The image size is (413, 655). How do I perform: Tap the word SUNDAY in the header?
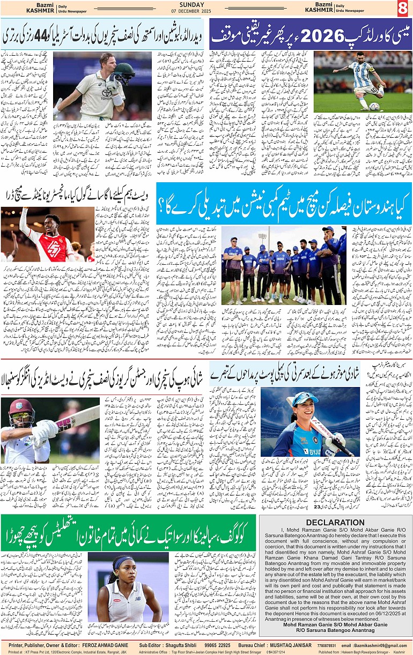[x=191, y=4]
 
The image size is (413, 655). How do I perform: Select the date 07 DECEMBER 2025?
[x=192, y=12]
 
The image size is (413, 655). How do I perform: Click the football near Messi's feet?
[x=374, y=107]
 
